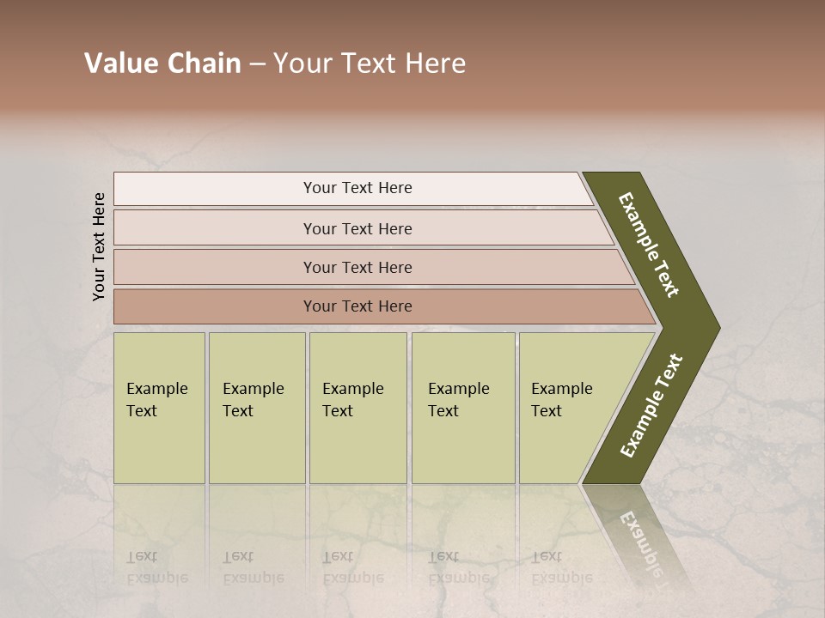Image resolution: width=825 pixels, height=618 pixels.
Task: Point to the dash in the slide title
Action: coord(257,64)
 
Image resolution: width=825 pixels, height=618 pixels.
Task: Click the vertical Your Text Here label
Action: coord(99,246)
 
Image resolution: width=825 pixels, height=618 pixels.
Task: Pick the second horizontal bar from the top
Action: coord(357,228)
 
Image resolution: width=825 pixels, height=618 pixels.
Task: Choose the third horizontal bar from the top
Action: coord(357,267)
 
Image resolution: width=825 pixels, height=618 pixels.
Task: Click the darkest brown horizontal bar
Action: coord(357,306)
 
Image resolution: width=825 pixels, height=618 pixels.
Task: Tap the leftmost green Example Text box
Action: coord(159,408)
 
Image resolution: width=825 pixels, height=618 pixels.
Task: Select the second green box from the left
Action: coord(256,408)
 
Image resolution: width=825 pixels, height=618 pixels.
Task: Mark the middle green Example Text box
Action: coord(357,408)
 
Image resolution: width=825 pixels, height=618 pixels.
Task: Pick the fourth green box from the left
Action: coord(463,408)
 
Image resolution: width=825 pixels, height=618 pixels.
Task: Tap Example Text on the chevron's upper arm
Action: coord(649,245)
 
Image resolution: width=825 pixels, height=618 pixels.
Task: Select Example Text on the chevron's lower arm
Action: coord(651,406)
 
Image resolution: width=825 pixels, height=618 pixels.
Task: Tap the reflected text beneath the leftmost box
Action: coord(156,567)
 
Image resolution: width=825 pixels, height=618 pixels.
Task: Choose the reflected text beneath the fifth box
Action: coord(560,567)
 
